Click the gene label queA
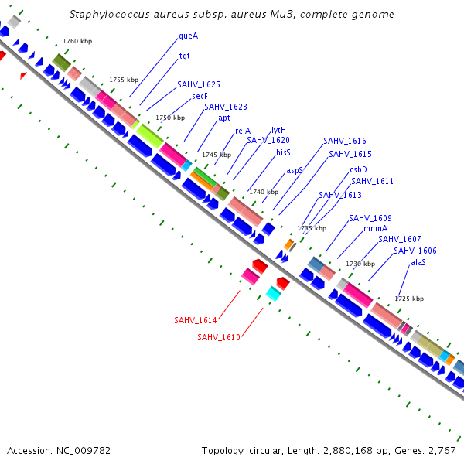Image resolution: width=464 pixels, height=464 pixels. (x=188, y=36)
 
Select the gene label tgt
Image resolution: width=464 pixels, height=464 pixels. (x=185, y=56)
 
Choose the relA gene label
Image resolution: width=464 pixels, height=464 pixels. (x=242, y=131)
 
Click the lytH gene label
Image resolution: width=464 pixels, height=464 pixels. (x=279, y=130)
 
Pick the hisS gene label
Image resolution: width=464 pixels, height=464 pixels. (x=283, y=153)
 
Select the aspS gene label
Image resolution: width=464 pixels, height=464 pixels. (x=295, y=170)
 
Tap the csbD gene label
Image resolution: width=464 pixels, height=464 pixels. (x=358, y=169)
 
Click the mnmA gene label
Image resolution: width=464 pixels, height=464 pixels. (x=375, y=228)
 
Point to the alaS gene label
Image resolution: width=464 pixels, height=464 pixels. (x=418, y=262)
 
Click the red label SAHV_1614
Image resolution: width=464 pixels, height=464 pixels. (x=195, y=319)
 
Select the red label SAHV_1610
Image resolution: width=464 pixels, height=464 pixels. (x=218, y=337)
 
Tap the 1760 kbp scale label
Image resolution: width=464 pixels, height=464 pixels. (x=77, y=40)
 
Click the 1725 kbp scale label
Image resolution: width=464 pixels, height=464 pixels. (x=409, y=298)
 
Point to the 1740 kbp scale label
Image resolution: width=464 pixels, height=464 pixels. (x=263, y=191)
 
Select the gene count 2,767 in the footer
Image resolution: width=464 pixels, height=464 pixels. (x=441, y=450)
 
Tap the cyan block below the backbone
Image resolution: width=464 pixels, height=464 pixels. (x=273, y=293)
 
